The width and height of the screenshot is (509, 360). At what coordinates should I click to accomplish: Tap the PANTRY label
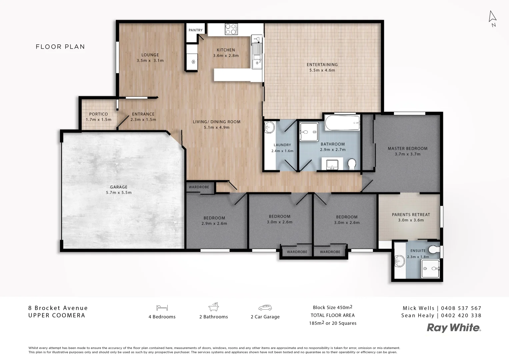click(195, 30)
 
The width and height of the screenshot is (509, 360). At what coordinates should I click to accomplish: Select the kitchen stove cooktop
click(231, 29)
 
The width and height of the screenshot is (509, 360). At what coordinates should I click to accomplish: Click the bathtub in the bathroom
click(342, 123)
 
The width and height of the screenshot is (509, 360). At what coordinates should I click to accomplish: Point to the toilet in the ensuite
click(434, 249)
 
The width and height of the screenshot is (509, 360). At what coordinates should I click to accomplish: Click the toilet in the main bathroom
click(351, 164)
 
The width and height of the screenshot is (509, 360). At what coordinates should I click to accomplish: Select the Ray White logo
click(454, 328)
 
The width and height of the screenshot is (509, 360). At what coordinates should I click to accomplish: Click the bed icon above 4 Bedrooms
click(162, 307)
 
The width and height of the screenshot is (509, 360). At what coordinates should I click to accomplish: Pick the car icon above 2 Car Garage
click(265, 307)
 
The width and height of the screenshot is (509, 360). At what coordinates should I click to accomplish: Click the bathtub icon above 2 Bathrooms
click(213, 307)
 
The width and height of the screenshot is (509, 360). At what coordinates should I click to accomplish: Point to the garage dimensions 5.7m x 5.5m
click(119, 193)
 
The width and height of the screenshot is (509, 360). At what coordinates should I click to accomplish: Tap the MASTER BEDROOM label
click(407, 149)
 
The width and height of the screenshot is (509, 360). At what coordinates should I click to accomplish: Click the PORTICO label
click(98, 114)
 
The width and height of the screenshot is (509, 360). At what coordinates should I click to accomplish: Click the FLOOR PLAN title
click(60, 47)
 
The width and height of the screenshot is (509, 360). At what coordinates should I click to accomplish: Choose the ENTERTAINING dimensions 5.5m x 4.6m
click(322, 70)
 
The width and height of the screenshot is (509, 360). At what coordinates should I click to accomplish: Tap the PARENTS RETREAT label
click(411, 215)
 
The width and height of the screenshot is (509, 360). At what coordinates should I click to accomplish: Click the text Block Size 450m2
click(332, 307)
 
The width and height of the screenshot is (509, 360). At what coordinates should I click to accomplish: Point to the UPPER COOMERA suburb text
click(57, 315)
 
